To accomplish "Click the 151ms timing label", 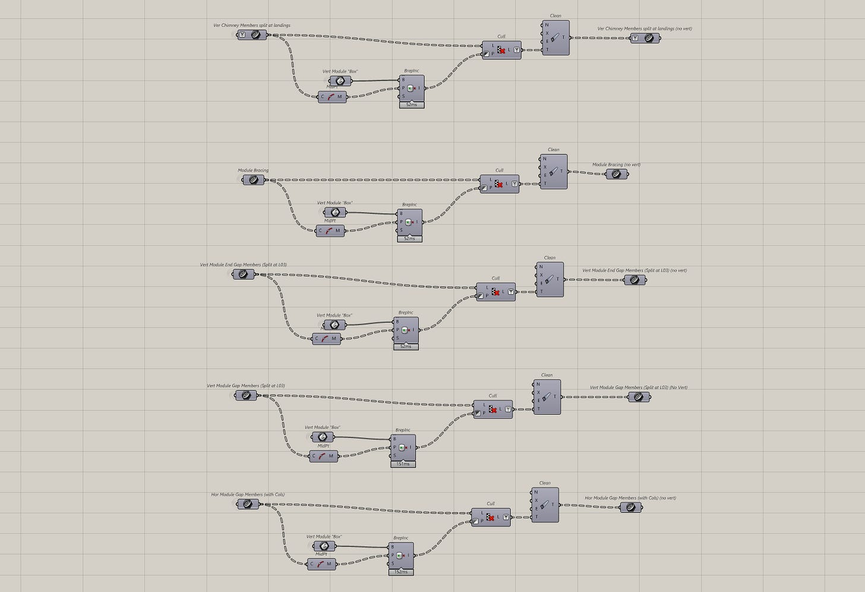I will tap(403, 464).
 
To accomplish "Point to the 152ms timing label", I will tap(401, 572).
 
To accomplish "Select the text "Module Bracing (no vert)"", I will tap(616, 164).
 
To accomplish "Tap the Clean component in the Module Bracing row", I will tap(554, 172).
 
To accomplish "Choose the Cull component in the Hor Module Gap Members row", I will tap(491, 517).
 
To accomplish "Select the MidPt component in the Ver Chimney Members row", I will tap(332, 97).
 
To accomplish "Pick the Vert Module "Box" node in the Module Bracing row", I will tap(334, 213).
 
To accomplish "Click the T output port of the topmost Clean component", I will tap(563, 37).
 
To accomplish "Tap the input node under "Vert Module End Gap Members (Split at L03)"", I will tap(243, 274).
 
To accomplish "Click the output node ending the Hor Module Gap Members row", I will tap(630, 508).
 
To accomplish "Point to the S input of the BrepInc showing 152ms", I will tap(392, 564).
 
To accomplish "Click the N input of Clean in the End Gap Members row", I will tap(541, 267).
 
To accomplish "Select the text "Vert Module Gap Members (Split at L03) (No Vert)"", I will tap(638, 387).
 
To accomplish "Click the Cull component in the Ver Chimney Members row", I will tap(501, 50).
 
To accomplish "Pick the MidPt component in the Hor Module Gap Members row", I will tap(321, 564).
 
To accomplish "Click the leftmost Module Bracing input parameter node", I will tap(253, 179).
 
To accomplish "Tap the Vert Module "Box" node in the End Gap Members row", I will tap(334, 325).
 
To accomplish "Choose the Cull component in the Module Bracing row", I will tap(499, 184).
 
